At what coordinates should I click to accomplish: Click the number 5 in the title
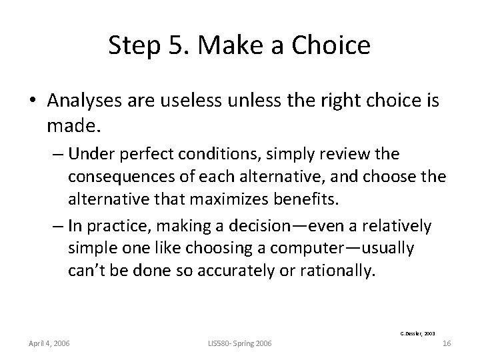coord(172,45)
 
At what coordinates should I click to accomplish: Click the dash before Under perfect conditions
coord(55,155)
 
